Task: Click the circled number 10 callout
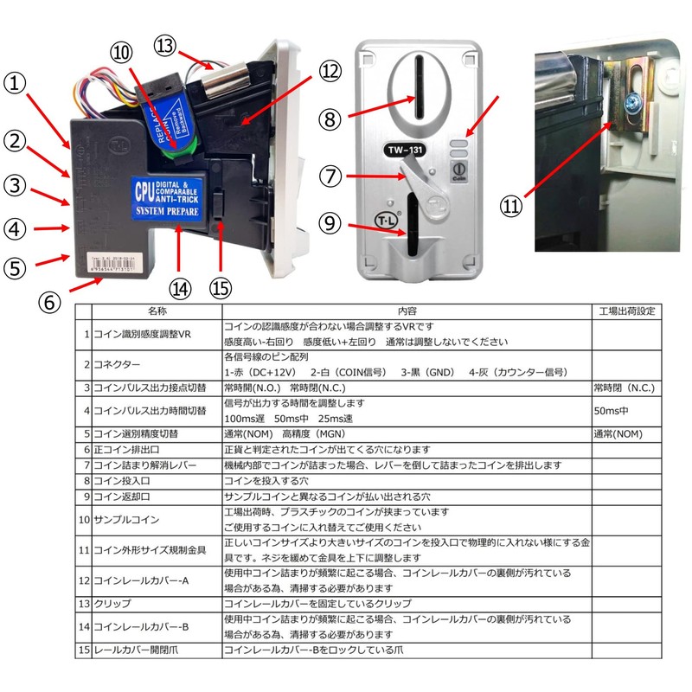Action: (x=123, y=53)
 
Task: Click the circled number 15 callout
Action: (x=222, y=285)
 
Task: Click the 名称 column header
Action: (x=157, y=310)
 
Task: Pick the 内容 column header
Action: (x=407, y=310)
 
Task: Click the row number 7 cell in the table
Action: (x=86, y=465)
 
